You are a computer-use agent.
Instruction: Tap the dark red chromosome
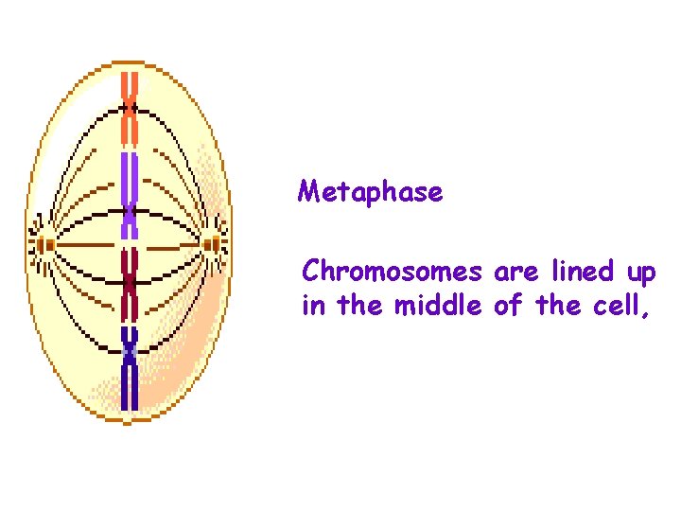130,284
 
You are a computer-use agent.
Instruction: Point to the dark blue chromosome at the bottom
130,369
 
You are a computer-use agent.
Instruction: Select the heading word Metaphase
370,192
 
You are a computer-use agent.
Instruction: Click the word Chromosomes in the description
392,273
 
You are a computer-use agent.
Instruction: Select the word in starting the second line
312,306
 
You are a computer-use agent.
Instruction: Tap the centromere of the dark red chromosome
130,282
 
